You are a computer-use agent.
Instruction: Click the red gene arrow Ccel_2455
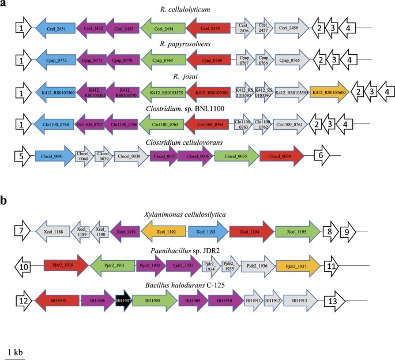point(210,27)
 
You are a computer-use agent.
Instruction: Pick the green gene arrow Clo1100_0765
point(161,123)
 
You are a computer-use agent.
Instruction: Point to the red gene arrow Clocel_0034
point(282,155)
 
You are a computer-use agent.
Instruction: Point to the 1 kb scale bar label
point(16,351)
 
